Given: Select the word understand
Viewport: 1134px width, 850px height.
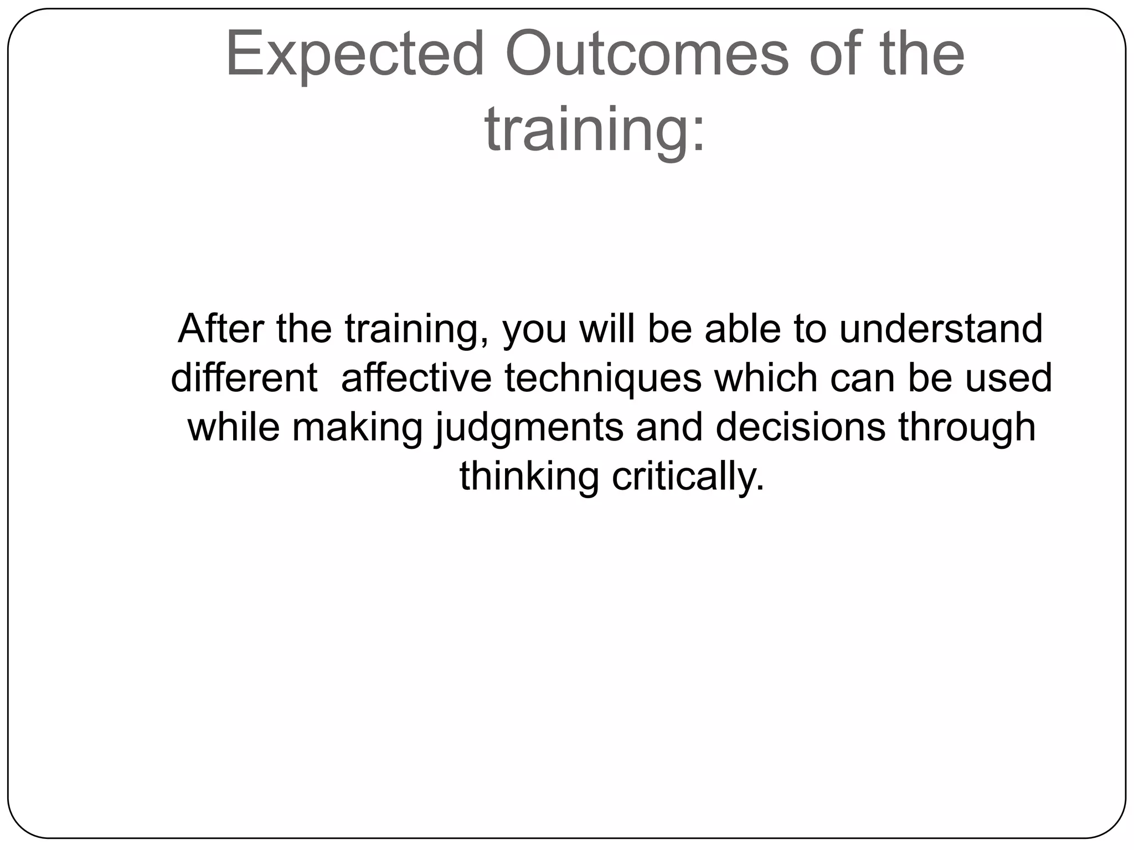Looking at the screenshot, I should click(x=941, y=329).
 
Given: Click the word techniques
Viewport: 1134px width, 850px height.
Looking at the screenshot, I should click(x=603, y=379).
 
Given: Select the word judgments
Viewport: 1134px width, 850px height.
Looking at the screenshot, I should click(x=529, y=428).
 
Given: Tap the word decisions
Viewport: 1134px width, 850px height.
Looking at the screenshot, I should click(x=801, y=427).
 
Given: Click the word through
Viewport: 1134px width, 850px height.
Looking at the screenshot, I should click(x=966, y=428).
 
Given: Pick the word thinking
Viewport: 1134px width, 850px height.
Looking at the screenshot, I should click(x=529, y=477).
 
